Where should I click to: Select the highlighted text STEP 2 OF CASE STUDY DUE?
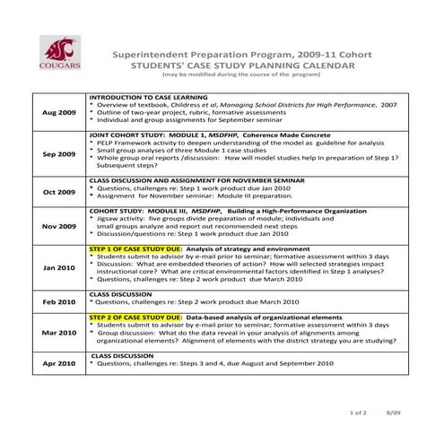click(135, 318)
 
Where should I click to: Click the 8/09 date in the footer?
click(392, 412)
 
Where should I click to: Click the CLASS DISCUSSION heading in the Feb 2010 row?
click(121, 293)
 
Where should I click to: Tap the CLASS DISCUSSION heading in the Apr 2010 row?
click(123, 355)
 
